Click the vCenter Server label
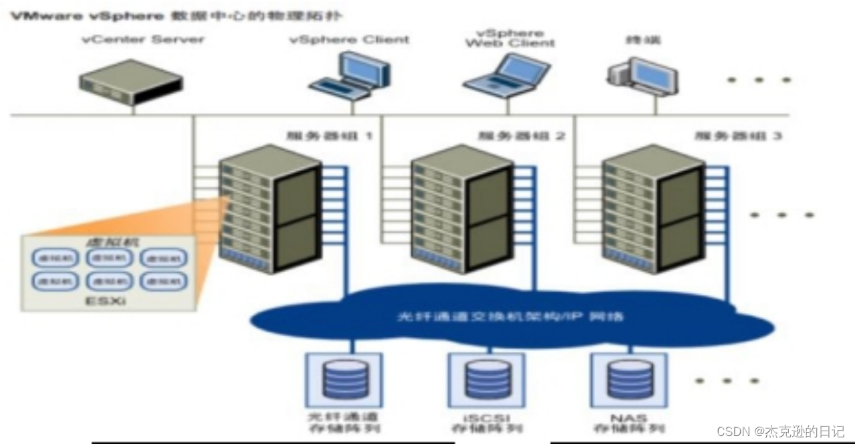[143, 39]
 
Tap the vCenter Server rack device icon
[131, 82]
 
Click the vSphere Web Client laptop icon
[507, 74]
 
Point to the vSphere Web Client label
[510, 38]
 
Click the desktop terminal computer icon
[642, 75]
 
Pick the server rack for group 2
[462, 208]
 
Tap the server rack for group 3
[653, 208]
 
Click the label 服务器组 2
[522, 136]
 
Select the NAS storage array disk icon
[629, 379]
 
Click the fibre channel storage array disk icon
[345, 379]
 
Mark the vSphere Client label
[349, 39]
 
